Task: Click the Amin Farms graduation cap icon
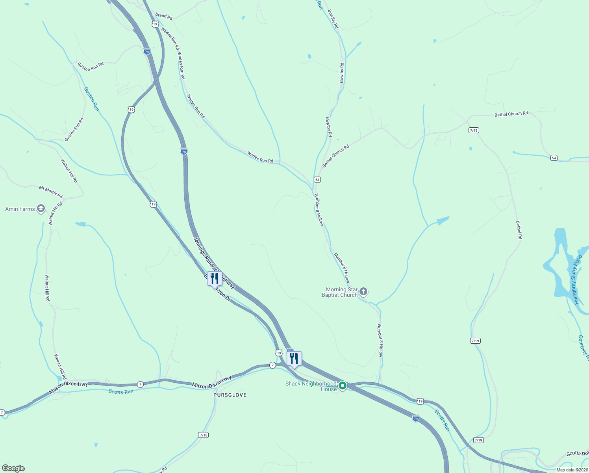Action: tap(41, 209)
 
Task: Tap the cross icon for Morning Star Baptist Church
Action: tap(363, 292)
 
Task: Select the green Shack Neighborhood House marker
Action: tap(343, 386)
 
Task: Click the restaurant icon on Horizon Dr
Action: tap(215, 278)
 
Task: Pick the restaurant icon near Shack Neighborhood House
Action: tap(294, 359)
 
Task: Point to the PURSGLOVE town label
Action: tap(230, 395)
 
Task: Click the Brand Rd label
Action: tap(164, 17)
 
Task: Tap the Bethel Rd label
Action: tap(519, 230)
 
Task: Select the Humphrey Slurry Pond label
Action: tap(578, 280)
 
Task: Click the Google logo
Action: tap(13, 468)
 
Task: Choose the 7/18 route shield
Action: tap(203, 435)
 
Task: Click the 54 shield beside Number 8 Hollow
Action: tap(317, 180)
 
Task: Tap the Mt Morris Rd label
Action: tap(51, 192)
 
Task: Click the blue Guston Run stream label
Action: tap(91, 99)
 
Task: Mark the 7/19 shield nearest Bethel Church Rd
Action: tap(474, 130)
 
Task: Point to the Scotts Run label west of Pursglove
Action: tap(121, 391)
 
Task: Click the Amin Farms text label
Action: tap(20, 209)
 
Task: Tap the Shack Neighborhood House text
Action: tap(311, 386)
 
